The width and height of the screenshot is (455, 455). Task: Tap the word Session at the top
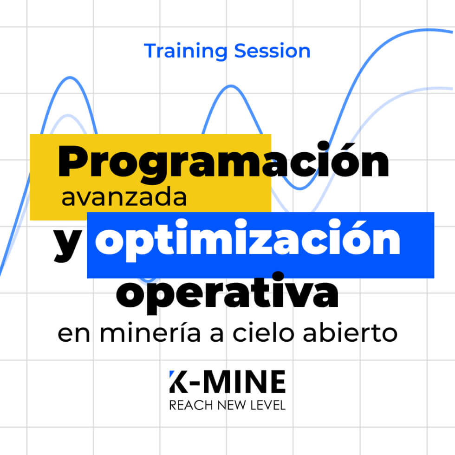tap(272, 51)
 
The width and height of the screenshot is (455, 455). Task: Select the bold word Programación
tap(223, 163)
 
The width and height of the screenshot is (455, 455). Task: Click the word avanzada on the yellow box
tap(124, 198)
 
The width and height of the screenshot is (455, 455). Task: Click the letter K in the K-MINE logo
tap(178, 382)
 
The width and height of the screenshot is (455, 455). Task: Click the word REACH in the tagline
tap(187, 406)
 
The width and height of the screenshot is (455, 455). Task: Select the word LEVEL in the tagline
tap(267, 406)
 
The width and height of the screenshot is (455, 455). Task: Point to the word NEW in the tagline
tap(228, 406)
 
